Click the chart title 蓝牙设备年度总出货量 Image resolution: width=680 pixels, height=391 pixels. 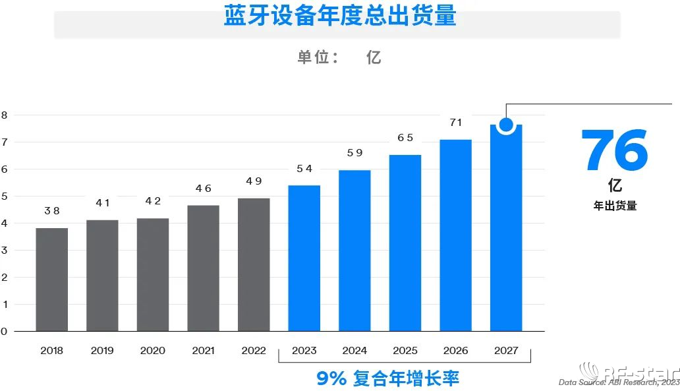(339, 16)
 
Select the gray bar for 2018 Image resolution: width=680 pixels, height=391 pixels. (52, 280)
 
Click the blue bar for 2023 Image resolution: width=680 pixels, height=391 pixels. (304, 258)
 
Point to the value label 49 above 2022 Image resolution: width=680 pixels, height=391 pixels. (254, 181)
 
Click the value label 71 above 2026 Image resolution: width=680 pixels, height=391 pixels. (455, 123)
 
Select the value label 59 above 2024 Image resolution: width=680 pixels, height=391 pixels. (354, 153)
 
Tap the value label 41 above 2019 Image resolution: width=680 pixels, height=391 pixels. (102, 203)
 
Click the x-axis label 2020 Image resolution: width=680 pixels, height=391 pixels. (153, 351)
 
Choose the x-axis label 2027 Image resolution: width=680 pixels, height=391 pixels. (506, 351)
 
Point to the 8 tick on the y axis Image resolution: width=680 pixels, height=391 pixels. (4, 115)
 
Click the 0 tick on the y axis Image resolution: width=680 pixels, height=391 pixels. (4, 332)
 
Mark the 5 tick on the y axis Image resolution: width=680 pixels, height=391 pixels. (4, 196)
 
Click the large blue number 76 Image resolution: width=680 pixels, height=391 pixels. (614, 150)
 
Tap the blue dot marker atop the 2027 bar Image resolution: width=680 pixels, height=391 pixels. (506, 124)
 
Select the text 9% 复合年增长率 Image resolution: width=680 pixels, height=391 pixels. (387, 378)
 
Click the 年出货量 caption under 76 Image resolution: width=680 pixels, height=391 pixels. (615, 206)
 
